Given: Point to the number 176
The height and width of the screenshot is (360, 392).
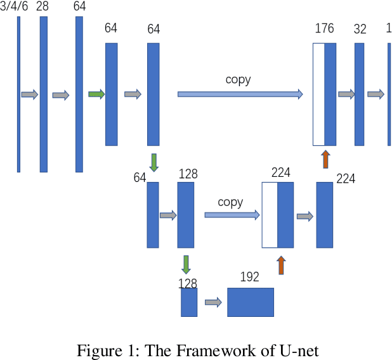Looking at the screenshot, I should [324, 29].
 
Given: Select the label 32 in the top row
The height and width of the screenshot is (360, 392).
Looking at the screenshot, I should [360, 29].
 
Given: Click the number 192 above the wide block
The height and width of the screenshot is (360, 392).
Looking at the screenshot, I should [250, 277].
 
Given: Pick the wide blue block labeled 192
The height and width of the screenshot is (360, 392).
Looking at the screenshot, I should [251, 302].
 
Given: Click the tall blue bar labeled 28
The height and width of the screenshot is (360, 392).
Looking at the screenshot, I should [44, 94].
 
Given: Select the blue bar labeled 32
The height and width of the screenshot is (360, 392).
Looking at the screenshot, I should [360, 94].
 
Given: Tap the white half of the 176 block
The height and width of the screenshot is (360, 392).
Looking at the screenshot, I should [318, 94].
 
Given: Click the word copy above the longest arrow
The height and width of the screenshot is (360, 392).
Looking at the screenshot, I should [238, 80].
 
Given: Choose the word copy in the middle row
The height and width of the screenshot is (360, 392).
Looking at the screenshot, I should [230, 202].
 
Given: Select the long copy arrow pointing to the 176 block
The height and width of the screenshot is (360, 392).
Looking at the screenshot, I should [240, 94].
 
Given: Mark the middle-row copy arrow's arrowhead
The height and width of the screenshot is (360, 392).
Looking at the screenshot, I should [257, 215].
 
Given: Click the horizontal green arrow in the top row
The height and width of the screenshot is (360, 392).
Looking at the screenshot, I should [96, 94].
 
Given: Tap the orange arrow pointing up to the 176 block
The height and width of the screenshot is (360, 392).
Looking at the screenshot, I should [325, 159].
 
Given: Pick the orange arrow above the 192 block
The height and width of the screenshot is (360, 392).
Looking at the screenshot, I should [281, 266].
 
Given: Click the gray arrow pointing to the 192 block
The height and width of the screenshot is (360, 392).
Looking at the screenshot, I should [213, 302].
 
